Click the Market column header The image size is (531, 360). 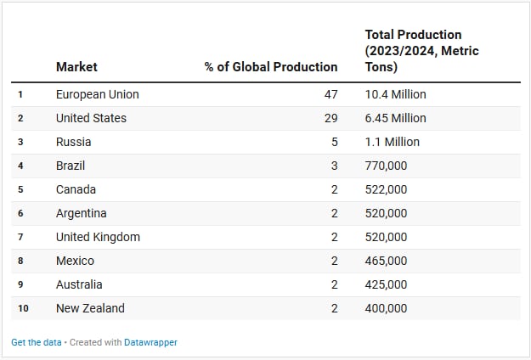[x=76, y=66]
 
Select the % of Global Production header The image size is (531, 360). [x=271, y=66]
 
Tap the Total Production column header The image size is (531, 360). [x=421, y=50]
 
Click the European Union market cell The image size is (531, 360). [x=97, y=94]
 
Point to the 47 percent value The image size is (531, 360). [x=330, y=94]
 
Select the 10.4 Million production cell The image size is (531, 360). [x=395, y=94]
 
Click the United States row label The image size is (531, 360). [x=91, y=118]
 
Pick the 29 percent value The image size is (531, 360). [x=330, y=118]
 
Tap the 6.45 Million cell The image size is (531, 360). [x=395, y=118]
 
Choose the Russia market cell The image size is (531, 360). [x=73, y=142]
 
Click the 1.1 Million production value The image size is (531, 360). [x=392, y=142]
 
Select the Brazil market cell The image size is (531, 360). [x=71, y=166]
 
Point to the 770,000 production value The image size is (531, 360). [x=386, y=166]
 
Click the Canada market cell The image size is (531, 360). [x=76, y=189]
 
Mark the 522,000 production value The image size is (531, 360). [x=386, y=189]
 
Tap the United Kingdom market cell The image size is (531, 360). [x=98, y=237]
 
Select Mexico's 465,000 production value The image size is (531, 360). [x=386, y=261]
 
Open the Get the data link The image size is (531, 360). [x=36, y=342]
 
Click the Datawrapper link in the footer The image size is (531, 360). [x=150, y=342]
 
